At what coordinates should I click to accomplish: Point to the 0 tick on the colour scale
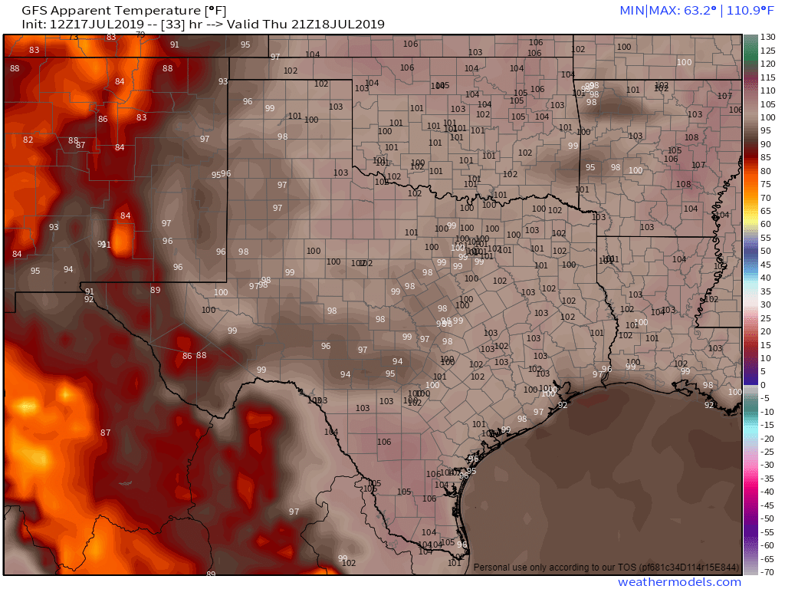pos(763,385)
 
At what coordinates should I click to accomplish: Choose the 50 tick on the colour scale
pos(766,251)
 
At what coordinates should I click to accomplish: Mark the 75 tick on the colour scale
pos(766,184)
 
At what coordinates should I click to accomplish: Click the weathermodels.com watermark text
pos(679,582)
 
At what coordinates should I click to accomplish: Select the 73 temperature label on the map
pos(74,38)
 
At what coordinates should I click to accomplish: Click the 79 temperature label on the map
pos(140,35)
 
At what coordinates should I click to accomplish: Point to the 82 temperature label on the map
pos(28,140)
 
